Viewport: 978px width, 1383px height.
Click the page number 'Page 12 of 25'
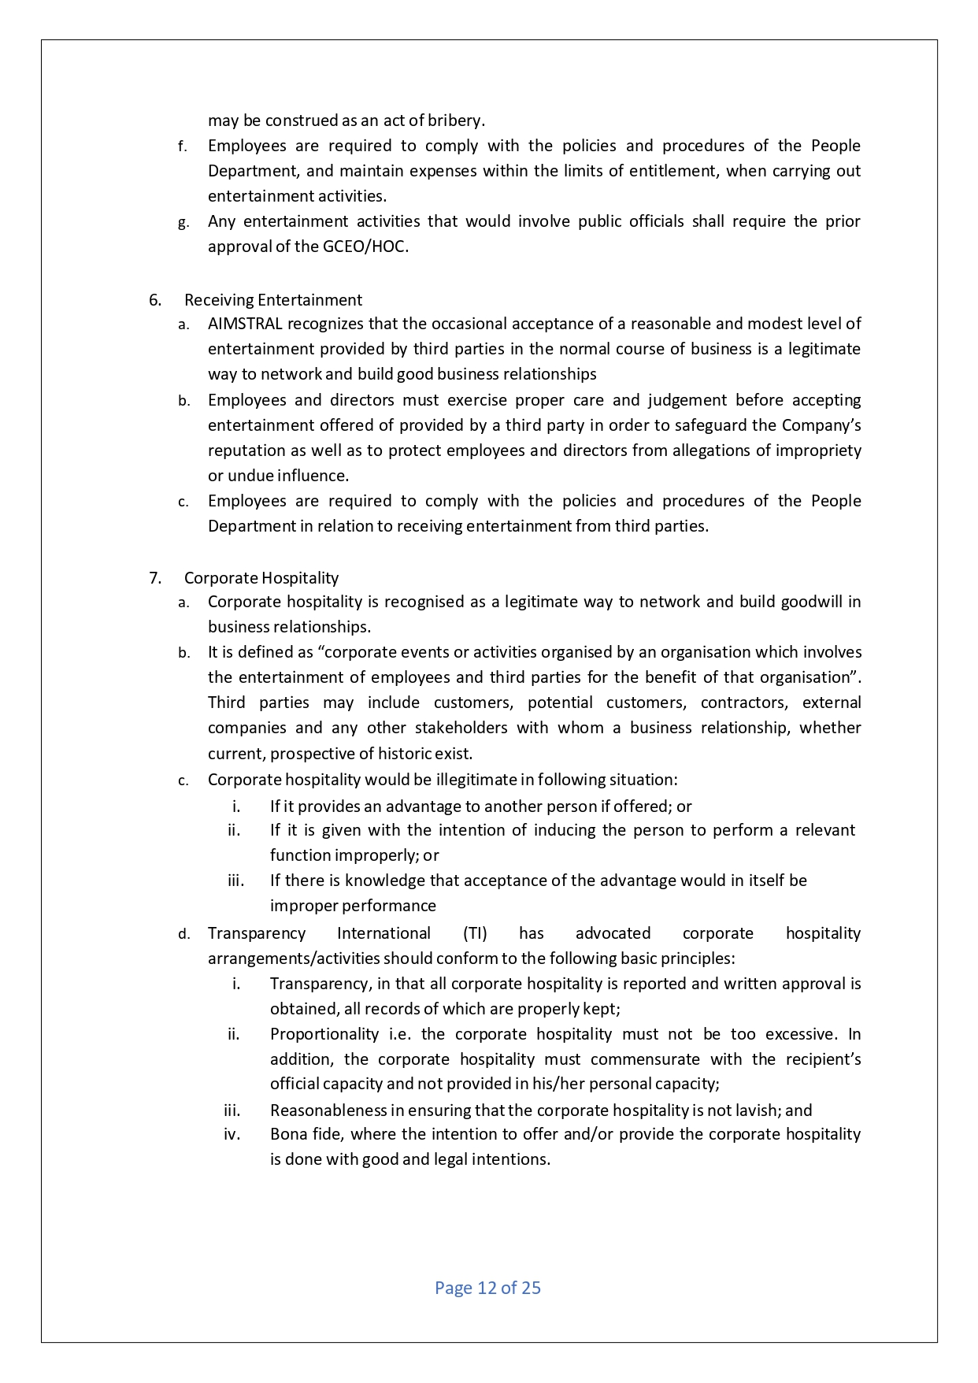(x=487, y=1288)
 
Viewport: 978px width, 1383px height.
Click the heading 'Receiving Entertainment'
(x=273, y=300)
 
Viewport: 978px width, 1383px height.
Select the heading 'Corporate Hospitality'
(x=261, y=578)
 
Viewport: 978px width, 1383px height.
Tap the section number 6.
(x=155, y=300)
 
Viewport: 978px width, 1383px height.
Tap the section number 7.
(x=155, y=578)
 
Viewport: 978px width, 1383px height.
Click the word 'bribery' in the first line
(x=456, y=121)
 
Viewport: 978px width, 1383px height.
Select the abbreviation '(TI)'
(x=475, y=933)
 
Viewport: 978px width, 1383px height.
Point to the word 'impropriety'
(x=818, y=450)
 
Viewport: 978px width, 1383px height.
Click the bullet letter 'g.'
(x=183, y=223)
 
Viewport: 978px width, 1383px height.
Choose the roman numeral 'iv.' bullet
(x=232, y=1135)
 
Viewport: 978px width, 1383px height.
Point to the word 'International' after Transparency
(x=383, y=933)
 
